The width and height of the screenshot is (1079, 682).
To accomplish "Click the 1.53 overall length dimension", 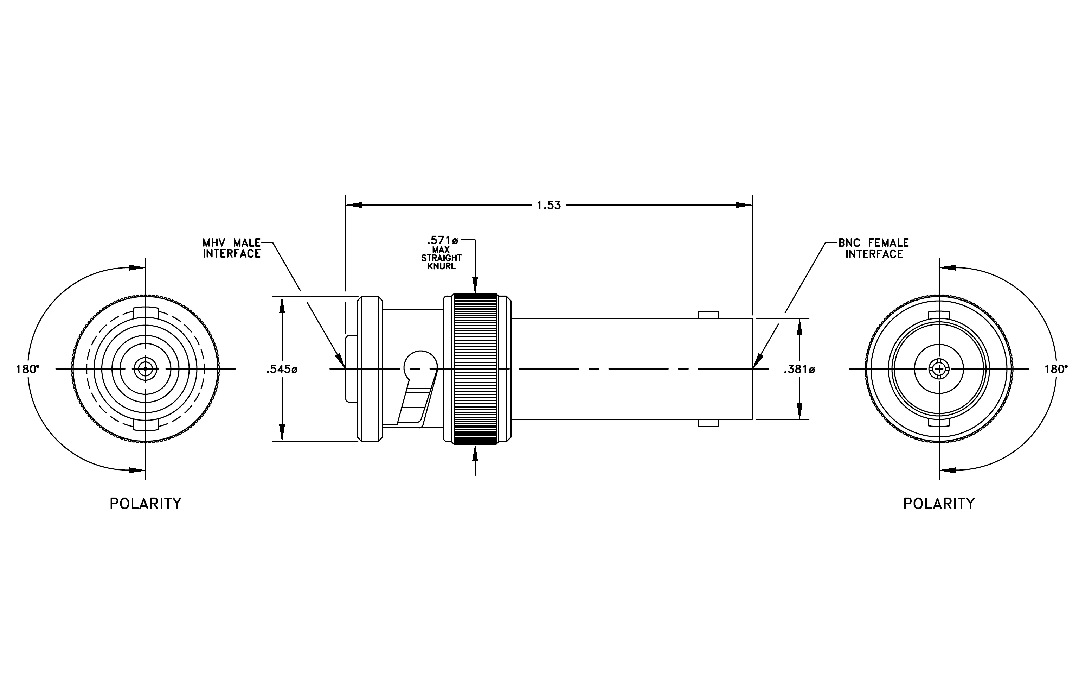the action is (x=549, y=206).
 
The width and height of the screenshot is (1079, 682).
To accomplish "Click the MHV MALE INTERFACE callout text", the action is (x=232, y=248).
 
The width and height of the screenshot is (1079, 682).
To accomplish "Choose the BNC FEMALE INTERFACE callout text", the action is (x=874, y=248).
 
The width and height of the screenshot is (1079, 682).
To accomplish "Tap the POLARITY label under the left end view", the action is (x=146, y=504).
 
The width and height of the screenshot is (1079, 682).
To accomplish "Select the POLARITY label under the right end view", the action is (x=939, y=504).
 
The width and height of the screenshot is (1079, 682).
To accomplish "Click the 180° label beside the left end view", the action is (x=28, y=370).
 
